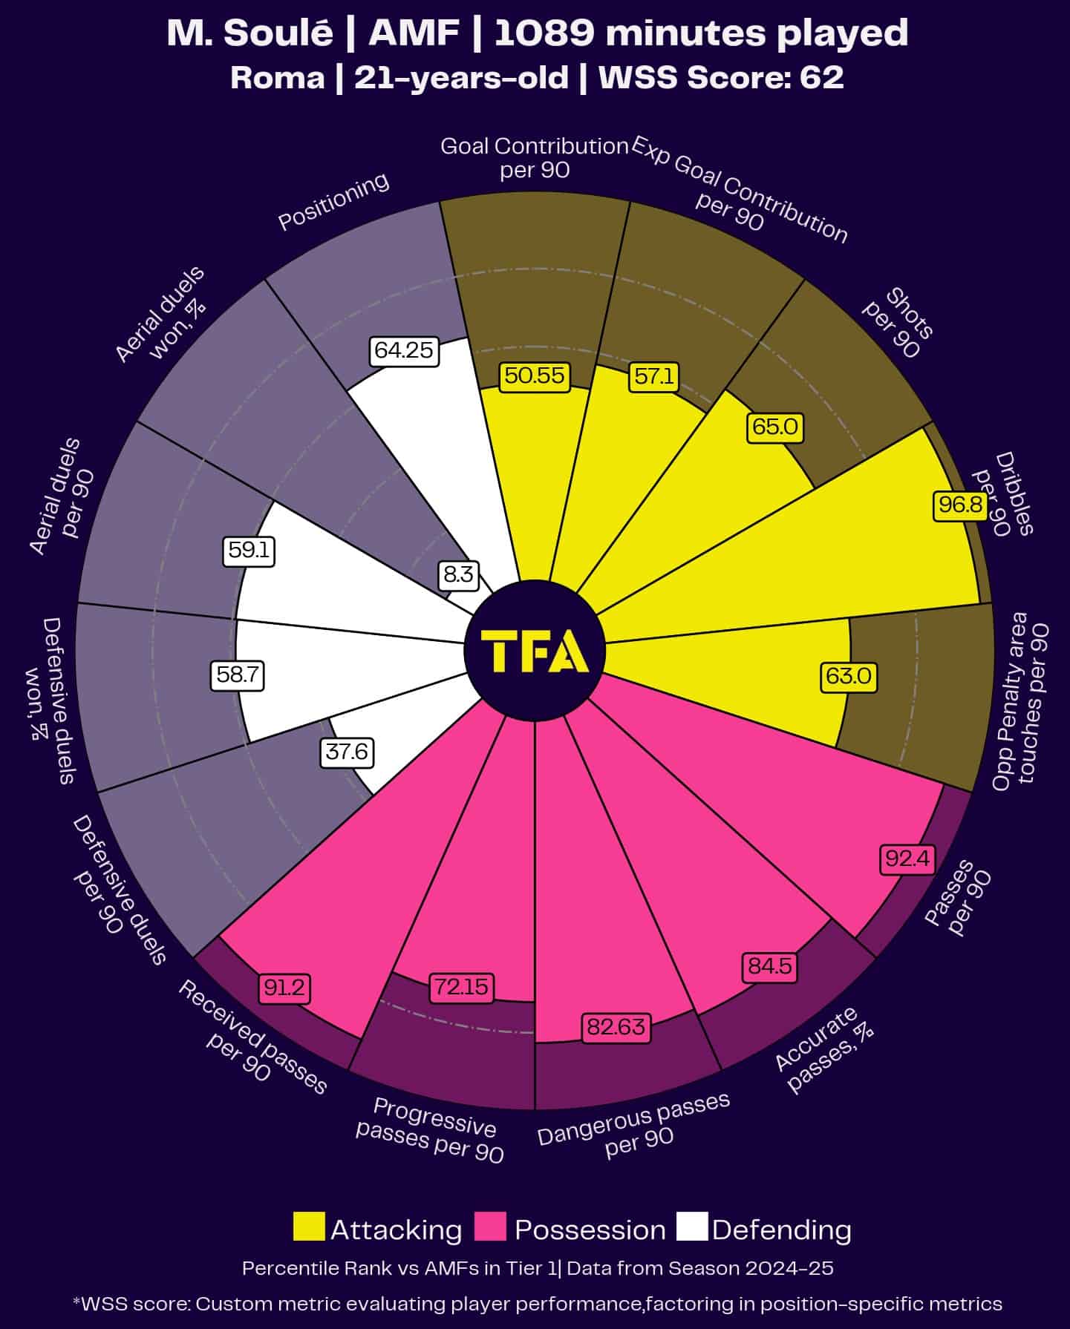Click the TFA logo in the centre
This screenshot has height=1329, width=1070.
point(535,651)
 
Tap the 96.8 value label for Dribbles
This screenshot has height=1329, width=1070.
point(960,505)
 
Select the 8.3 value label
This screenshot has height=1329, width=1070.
point(458,574)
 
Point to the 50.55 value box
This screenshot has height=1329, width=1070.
point(535,375)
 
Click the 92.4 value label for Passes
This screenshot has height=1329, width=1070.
point(907,859)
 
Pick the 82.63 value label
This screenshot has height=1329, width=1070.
point(616,1027)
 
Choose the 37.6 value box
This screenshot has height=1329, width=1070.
point(347,752)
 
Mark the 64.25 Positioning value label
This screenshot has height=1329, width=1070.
point(403,350)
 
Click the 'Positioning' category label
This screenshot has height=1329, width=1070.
point(333,201)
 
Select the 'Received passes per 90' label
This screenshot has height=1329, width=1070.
point(251,1037)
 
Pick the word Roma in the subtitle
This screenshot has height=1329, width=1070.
point(277,77)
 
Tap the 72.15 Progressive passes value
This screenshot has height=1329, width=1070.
point(461,987)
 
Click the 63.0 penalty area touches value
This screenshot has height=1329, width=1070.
point(848,676)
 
